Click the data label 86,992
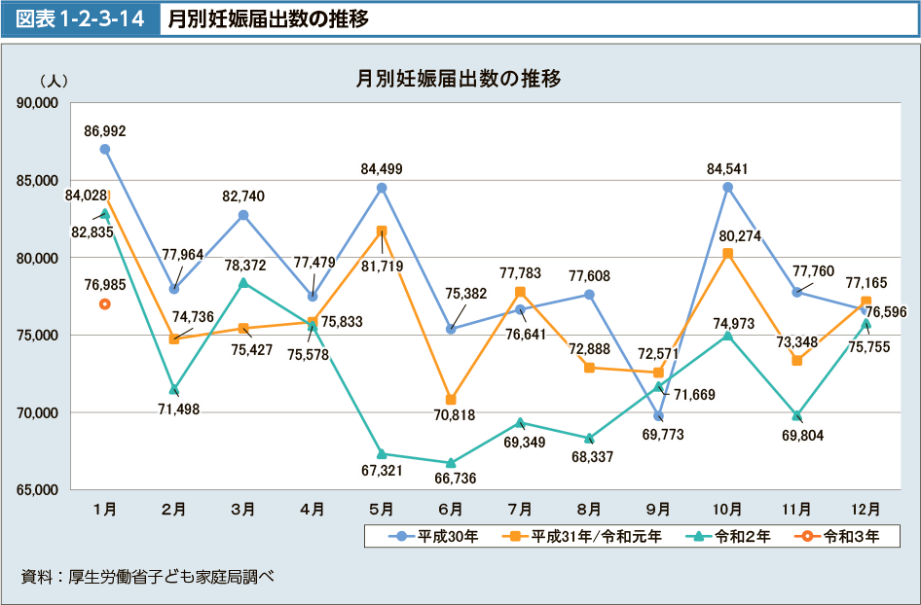(105, 130)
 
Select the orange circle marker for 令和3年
(105, 304)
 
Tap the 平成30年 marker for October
(727, 187)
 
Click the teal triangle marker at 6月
(451, 463)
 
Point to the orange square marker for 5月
(382, 231)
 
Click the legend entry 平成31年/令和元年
(582, 536)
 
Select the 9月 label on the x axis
(658, 509)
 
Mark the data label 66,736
(451, 479)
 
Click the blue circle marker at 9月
(658, 416)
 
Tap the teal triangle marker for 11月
(796, 416)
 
